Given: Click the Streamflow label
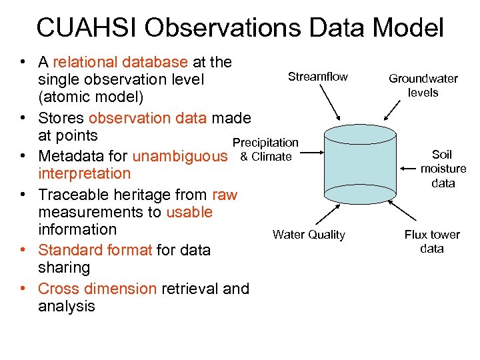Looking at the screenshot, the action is coord(317,77).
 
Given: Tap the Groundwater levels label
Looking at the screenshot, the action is coord(423,85).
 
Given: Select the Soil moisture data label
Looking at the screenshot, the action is coord(443,169).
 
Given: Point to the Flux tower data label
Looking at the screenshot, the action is coord(432,241).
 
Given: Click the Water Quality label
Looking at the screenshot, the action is coord(309,235).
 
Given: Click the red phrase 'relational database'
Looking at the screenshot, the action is coord(120,62).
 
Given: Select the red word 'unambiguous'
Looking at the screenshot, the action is coord(180,157).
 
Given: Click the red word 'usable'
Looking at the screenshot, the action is coord(189,212).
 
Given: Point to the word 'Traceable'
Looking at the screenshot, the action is coord(71,195).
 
